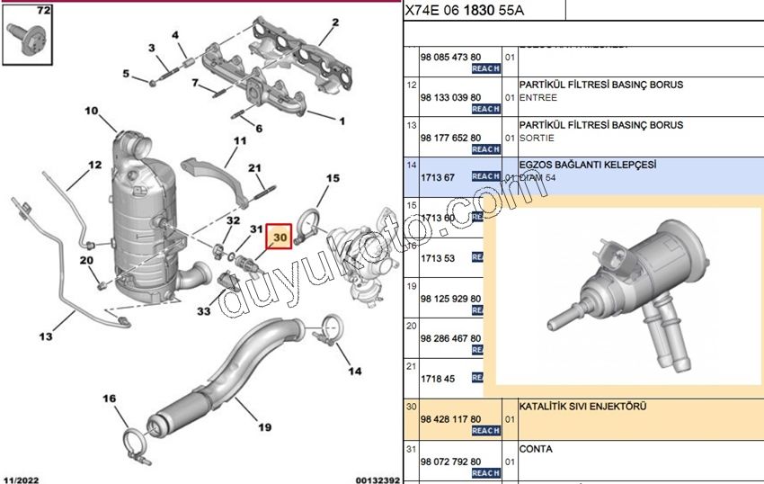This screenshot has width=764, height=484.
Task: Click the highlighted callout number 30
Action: click(279, 238)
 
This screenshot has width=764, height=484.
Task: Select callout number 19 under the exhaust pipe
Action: click(265, 427)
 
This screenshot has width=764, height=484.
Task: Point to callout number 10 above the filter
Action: click(92, 112)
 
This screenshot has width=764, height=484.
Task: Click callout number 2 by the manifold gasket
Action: click(334, 22)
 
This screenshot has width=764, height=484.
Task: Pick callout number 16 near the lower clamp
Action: click(109, 399)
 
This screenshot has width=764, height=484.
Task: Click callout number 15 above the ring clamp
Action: click(333, 179)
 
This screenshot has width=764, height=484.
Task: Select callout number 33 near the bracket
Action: click(204, 311)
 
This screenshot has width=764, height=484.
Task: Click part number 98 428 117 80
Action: click(450, 419)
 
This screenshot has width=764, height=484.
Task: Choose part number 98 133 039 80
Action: click(450, 97)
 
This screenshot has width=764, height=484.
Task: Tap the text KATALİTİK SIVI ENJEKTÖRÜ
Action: click(582, 407)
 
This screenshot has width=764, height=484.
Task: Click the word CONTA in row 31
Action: click(536, 449)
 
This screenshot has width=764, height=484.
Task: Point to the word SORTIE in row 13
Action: click(537, 138)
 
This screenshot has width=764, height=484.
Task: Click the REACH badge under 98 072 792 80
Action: click(485, 472)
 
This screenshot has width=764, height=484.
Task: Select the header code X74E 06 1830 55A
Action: click(464, 10)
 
